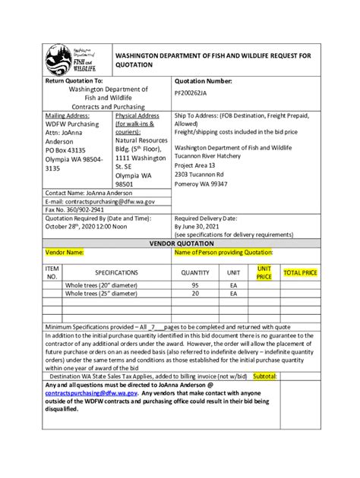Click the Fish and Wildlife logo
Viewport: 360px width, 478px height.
tap(68, 60)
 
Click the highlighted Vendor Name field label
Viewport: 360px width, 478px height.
tap(65, 252)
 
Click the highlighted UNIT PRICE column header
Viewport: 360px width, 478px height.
tap(264, 272)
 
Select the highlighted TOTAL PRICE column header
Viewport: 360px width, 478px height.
tap(301, 272)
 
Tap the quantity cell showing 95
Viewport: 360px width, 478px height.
tap(195, 285)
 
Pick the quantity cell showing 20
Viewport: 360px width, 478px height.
tap(195, 293)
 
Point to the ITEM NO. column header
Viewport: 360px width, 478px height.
tap(52, 272)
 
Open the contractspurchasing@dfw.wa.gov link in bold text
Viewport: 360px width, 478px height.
tap(91, 393)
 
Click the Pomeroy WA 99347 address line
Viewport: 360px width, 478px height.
tap(201, 184)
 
